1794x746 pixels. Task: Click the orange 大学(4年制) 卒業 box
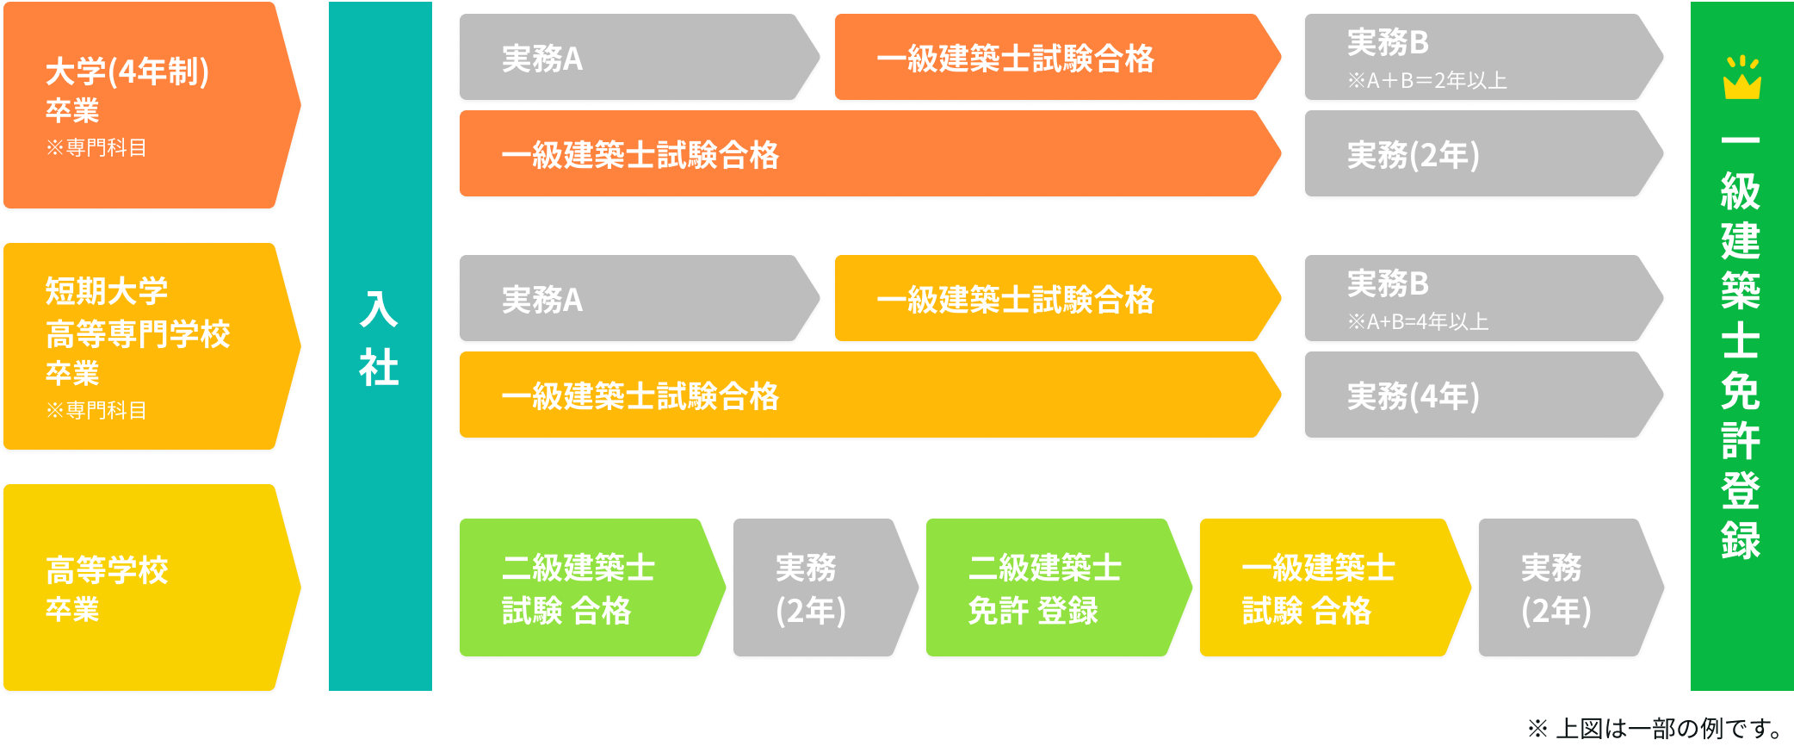[146, 105]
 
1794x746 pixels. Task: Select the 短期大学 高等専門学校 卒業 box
[146, 346]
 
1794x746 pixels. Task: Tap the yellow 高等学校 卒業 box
[146, 587]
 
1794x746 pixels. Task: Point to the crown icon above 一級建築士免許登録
[1741, 78]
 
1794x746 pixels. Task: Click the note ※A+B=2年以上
[1426, 81]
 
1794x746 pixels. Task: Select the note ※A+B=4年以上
[1417, 322]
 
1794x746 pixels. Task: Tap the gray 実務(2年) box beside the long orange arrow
[1476, 155]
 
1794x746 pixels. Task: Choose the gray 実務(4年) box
[1476, 396]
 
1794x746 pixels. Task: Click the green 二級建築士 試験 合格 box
[585, 589]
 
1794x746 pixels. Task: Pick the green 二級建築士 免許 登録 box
[1050, 589]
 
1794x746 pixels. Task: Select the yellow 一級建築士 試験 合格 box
[1326, 589]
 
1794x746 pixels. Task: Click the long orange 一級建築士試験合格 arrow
[861, 155]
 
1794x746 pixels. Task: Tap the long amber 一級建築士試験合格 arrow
[861, 396]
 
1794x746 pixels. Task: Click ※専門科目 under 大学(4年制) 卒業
[96, 148]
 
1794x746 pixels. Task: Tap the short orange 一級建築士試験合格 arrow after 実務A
[1050, 59]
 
